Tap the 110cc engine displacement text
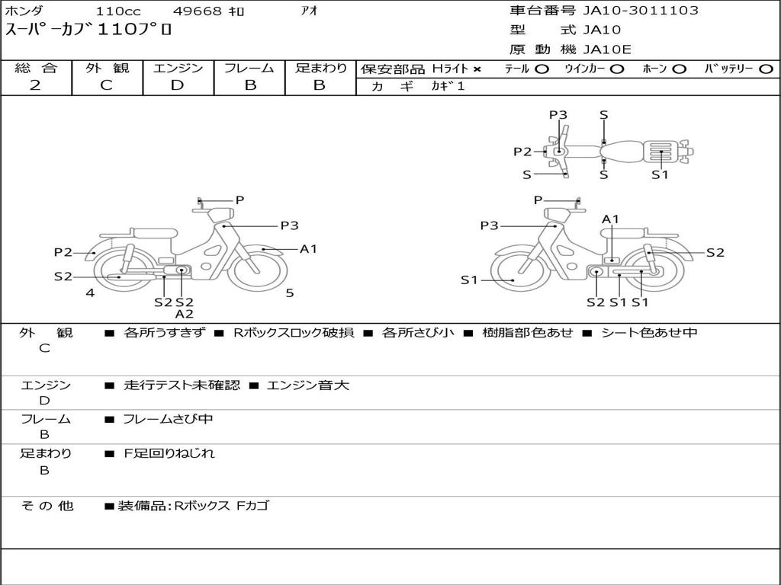[114, 11]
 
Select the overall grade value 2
[35, 85]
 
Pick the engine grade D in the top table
[178, 85]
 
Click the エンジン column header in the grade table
[178, 69]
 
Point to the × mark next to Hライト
[477, 69]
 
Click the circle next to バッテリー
[765, 69]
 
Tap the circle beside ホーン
[679, 69]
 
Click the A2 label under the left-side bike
[184, 314]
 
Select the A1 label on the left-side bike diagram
[308, 249]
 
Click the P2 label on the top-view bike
[522, 152]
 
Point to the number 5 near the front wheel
[290, 292]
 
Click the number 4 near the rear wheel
[90, 292]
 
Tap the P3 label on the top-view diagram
[558, 115]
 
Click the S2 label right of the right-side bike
[715, 253]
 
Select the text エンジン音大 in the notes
[308, 385]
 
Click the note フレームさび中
[168, 419]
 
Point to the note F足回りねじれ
[169, 453]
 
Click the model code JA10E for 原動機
[607, 50]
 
